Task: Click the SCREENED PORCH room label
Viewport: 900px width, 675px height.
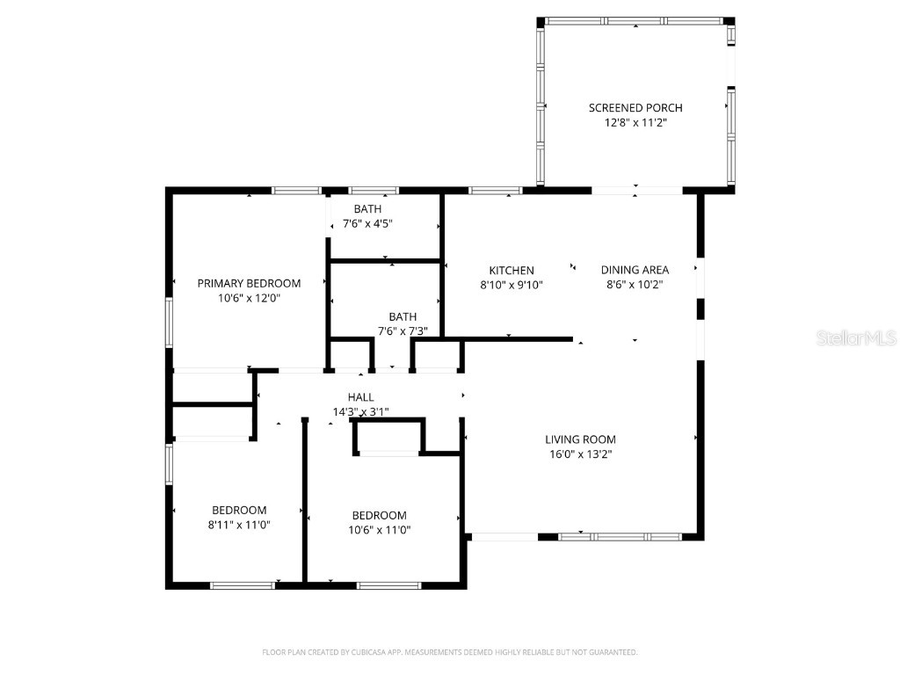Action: (635, 108)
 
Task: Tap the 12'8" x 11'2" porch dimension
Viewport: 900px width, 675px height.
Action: (635, 123)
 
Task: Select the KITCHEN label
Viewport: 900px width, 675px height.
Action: (512, 271)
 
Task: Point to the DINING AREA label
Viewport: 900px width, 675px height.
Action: (635, 271)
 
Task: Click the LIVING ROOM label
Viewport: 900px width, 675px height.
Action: (580, 439)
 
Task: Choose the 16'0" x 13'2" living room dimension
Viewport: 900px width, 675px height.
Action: (580, 454)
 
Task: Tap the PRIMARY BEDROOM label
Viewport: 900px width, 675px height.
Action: (249, 283)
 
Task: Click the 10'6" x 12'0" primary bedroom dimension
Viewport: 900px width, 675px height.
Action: (249, 298)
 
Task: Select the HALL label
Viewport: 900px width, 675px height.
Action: (360, 397)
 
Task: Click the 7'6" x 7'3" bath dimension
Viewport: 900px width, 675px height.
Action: (403, 331)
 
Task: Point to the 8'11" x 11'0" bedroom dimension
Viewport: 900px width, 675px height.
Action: (239, 525)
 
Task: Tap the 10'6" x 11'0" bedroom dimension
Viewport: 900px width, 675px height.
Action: (380, 530)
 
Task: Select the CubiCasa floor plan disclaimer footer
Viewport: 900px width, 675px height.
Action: (450, 652)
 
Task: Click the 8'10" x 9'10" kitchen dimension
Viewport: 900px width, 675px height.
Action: (512, 285)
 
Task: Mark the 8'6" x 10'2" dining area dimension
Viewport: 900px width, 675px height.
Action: (635, 285)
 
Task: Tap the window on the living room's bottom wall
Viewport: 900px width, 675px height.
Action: (619, 536)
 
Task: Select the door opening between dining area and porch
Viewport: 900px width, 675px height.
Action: (636, 190)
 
